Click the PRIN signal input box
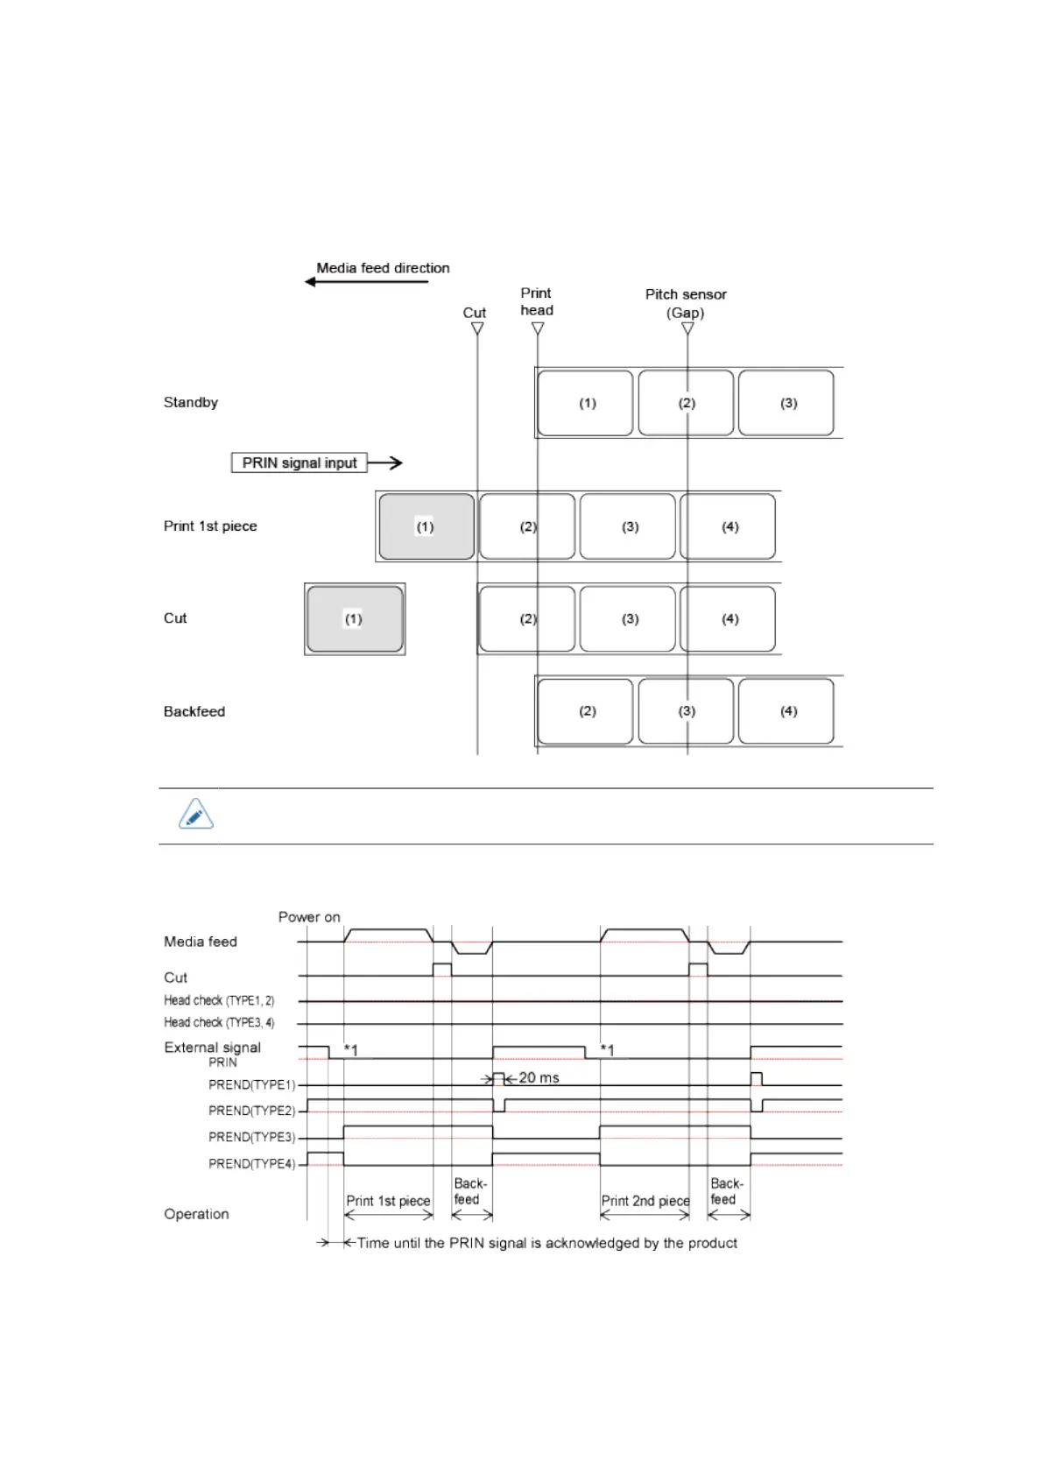[x=300, y=462]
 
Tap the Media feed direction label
[x=383, y=268]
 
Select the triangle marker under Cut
[x=477, y=328]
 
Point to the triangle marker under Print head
[x=538, y=328]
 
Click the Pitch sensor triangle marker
[x=687, y=328]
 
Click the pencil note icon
[x=196, y=815]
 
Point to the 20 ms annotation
[x=539, y=1077]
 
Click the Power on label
[x=309, y=917]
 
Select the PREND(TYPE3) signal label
[x=252, y=1137]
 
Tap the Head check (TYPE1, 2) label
[x=219, y=1000]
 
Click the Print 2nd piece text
[x=645, y=1201]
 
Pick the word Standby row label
[x=191, y=403]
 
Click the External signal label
[x=213, y=1048]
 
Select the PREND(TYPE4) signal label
[x=252, y=1164]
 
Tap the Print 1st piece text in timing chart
[x=388, y=1201]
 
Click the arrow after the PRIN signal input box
[x=385, y=462]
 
